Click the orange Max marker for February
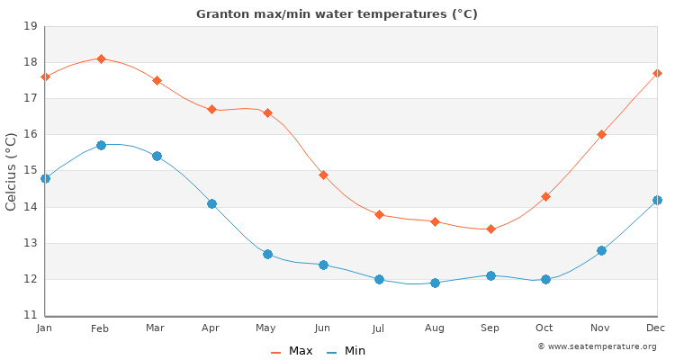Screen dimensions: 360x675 point(101,58)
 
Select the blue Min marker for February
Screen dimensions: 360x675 point(101,145)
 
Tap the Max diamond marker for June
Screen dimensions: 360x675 point(323,175)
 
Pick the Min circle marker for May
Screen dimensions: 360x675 point(267,254)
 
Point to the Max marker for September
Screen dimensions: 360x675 point(490,229)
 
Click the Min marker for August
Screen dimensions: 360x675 point(435,283)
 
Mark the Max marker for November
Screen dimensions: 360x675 point(601,134)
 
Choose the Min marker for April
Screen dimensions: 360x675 point(211,203)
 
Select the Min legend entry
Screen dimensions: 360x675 point(346,351)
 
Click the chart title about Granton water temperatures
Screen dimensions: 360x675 point(337,14)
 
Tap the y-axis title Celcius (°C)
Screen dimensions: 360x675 point(12,171)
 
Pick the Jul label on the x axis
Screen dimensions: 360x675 point(379,328)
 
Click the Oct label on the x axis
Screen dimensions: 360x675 point(545,328)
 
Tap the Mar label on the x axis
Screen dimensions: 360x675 point(156,328)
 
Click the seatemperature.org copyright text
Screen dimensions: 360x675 point(597,346)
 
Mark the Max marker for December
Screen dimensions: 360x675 point(657,73)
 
